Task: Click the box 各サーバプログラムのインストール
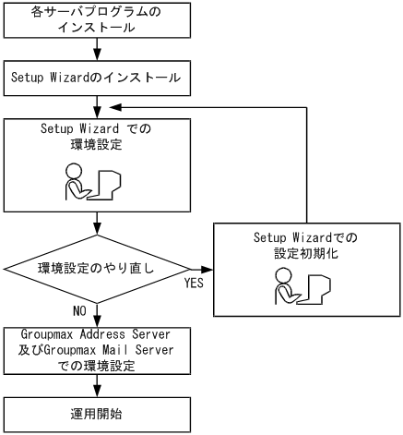tap(98, 21)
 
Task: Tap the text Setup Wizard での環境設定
tap(98, 139)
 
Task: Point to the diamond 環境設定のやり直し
tap(98, 270)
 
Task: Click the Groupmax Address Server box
tap(98, 351)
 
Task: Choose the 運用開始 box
tap(98, 414)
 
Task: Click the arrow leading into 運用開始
tap(98, 386)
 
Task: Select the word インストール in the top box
tap(98, 29)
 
